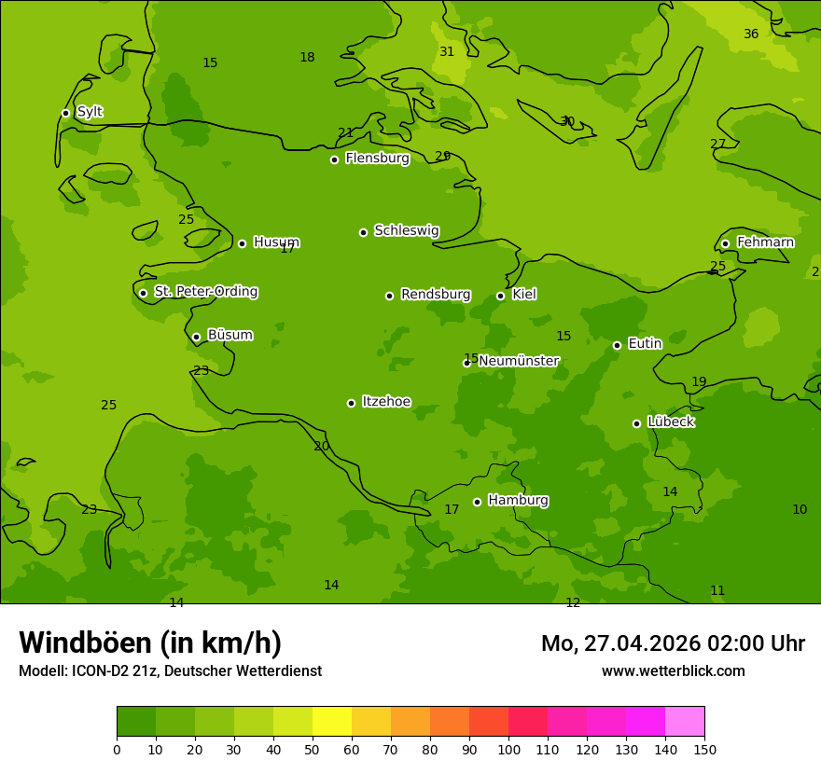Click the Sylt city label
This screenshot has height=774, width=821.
90,112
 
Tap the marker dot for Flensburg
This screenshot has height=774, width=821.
334,159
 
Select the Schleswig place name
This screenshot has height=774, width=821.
406,230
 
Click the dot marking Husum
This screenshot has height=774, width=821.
242,243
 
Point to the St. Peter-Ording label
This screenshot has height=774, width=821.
205,291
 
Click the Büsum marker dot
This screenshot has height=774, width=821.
196,337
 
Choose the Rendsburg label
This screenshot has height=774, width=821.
435,295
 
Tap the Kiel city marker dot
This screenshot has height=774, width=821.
500,296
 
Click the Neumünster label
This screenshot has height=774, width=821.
519,361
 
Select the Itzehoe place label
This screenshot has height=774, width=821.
386,402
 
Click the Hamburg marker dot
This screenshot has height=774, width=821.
477,502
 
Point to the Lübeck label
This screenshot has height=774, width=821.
671,422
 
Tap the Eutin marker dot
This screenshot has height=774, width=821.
617,345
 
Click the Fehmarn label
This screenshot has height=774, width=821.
765,242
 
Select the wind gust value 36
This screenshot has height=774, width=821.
751,35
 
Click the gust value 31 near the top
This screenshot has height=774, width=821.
447,52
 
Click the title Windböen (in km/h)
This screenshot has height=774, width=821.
150,643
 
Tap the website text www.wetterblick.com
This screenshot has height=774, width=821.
673,670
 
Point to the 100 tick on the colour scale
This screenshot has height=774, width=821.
508,749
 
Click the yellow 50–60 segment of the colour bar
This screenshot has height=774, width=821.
332,721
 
